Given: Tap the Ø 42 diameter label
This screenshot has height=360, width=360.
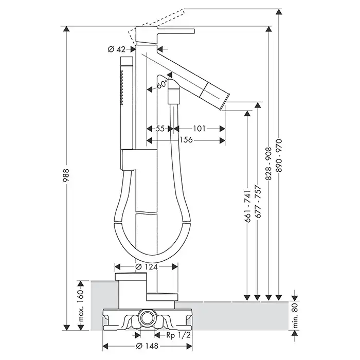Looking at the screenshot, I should (117, 49).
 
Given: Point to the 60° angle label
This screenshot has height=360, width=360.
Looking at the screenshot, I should (163, 84).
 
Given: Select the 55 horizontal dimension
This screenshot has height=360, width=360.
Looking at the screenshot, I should (159, 129).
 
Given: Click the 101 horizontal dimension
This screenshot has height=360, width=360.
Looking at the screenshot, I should (201, 129).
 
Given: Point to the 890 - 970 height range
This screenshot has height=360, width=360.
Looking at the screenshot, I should (279, 154).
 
